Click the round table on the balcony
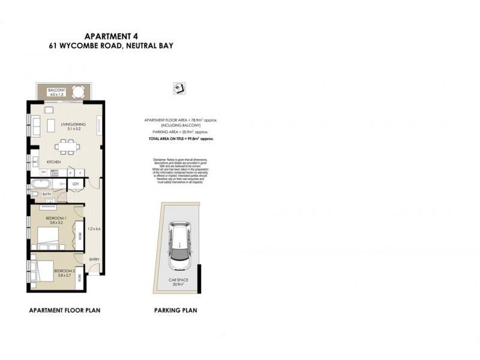(x=77, y=92)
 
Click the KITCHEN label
(x=55, y=163)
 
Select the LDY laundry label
(x=76, y=185)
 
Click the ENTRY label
(x=94, y=259)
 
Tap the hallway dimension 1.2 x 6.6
(x=93, y=229)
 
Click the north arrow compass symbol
(x=178, y=88)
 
